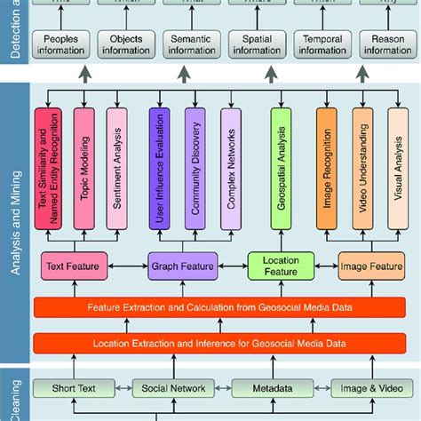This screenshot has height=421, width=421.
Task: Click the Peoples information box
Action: [60, 44]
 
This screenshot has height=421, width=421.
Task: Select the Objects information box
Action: [125, 44]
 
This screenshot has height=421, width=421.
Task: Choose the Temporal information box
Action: [322, 44]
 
